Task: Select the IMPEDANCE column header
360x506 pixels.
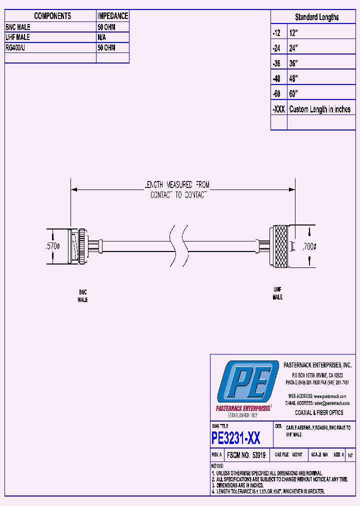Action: (x=112, y=16)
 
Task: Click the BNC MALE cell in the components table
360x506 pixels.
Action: (x=18, y=27)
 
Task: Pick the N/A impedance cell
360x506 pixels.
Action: (x=101, y=37)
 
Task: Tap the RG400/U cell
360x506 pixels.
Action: (x=18, y=48)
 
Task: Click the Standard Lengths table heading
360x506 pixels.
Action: (x=316, y=17)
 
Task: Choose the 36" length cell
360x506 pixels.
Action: (x=293, y=63)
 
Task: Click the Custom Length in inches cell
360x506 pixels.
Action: (x=320, y=109)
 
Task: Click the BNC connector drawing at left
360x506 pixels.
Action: (x=79, y=246)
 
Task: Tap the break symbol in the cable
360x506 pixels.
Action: (x=179, y=245)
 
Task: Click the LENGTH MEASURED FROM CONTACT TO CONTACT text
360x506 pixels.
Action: (x=179, y=190)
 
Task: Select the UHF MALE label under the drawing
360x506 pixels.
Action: (x=277, y=293)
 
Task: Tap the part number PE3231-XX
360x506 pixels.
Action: (x=236, y=438)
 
